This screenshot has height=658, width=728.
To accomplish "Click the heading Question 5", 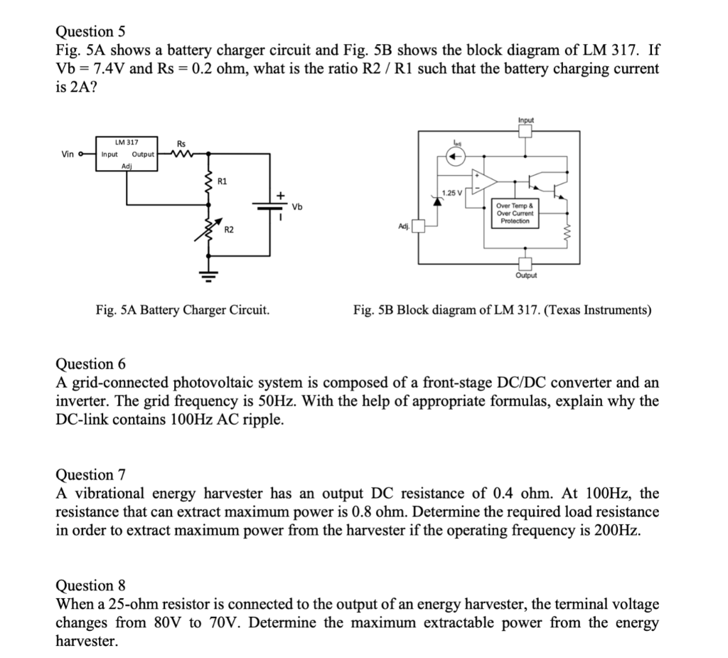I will (x=90, y=31).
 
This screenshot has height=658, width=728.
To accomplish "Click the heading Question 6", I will (x=90, y=364).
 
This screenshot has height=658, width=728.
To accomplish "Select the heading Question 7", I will (x=90, y=474).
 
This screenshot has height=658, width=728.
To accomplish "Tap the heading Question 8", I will (x=90, y=585).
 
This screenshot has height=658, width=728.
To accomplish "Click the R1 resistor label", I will (x=223, y=181).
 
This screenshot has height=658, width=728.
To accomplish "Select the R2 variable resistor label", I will (x=229, y=230).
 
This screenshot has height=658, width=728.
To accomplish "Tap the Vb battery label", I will (x=297, y=207).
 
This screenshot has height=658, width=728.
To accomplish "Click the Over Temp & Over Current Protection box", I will (x=515, y=213).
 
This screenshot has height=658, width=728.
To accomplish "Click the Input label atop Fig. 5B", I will (x=526, y=120).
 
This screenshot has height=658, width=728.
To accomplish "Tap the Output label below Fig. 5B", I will (x=526, y=275).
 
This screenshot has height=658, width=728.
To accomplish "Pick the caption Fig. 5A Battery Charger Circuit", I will (x=183, y=310).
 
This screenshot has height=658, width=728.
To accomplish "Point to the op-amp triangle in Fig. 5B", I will (x=485, y=181).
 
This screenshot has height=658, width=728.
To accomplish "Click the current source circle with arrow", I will (x=457, y=158).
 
